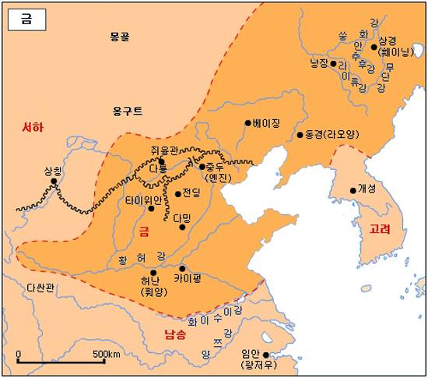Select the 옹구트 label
(x=127, y=111)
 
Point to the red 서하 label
(x=32, y=128)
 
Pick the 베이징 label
(x=265, y=123)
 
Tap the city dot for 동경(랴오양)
(x=300, y=135)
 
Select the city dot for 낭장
(x=333, y=63)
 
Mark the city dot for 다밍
(x=182, y=227)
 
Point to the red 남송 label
(x=175, y=336)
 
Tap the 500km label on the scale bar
(x=105, y=355)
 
